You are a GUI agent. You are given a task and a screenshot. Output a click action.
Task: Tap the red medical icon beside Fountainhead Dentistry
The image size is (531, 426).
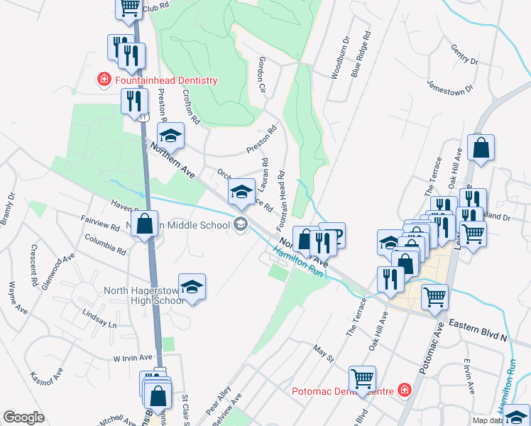[x=104, y=80]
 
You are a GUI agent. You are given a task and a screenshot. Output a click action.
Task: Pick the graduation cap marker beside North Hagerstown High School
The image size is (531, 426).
[x=192, y=287]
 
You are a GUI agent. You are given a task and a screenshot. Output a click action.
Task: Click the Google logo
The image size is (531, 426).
[x=23, y=417]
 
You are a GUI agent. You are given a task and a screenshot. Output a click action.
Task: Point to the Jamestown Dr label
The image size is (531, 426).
[x=450, y=84]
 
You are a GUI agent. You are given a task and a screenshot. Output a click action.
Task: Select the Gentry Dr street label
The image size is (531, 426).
[x=465, y=53]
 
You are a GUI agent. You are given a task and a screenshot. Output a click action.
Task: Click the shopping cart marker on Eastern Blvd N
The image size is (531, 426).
[x=434, y=297]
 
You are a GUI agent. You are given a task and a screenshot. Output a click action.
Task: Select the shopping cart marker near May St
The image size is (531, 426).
[x=363, y=378]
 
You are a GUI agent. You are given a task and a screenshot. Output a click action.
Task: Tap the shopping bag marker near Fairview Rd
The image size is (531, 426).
[x=145, y=224]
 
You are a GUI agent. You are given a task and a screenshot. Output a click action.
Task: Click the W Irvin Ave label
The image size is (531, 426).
[x=133, y=358]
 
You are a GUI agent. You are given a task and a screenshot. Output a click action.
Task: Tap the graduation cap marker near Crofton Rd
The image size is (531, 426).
[x=170, y=135]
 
